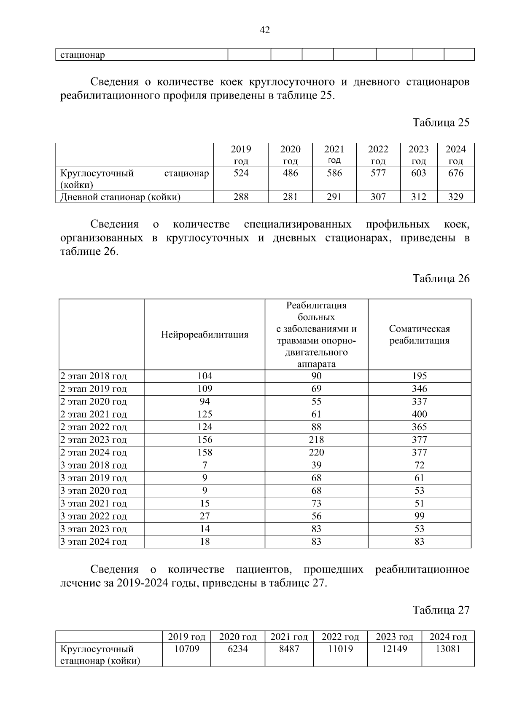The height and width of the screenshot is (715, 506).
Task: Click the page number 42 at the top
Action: pos(265,30)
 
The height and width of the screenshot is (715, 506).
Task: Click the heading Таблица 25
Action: pos(441,123)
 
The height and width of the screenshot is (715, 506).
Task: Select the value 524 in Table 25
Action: pos(241,173)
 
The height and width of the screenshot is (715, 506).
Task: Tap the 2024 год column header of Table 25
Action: pos(455,155)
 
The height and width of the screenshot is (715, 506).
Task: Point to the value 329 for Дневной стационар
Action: pos(455,197)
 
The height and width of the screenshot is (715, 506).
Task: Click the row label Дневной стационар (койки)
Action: pos(120,197)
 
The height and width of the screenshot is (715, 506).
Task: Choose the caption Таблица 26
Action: pos(441,279)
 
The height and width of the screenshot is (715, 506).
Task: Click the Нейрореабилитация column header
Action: pos(205,335)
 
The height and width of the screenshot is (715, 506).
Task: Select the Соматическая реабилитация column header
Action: pos(419,335)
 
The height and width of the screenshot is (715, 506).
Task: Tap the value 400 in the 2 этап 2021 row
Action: pos(419,414)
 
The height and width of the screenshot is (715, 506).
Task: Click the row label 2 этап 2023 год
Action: pos(93,440)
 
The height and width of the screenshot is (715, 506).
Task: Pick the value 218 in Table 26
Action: pos(316,440)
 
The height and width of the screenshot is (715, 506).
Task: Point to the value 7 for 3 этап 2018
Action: pos(205,465)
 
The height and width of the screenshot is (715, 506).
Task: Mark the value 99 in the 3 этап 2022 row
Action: pos(419,516)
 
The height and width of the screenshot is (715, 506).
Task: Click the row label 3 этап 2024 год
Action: pos(93,542)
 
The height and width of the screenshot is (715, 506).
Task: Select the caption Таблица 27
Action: pos(441,610)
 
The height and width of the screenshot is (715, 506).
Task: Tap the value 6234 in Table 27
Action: pos(237,649)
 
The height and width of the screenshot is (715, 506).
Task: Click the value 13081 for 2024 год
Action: pos(447,649)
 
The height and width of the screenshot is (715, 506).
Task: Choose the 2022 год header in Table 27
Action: pos(340,637)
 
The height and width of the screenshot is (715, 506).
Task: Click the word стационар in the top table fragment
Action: pos(82,55)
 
